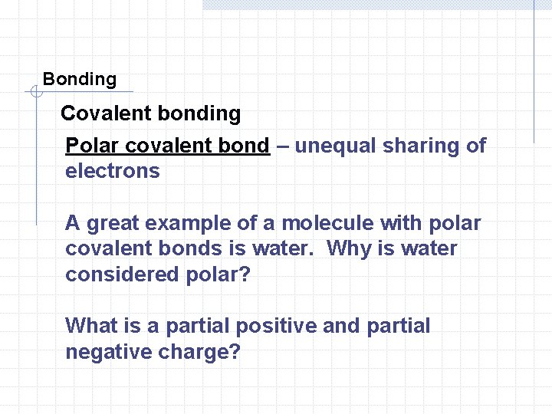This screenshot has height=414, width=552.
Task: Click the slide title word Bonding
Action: pyautogui.click(x=80, y=79)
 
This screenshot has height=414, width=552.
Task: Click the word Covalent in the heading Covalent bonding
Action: pyautogui.click(x=105, y=114)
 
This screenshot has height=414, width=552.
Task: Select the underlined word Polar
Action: pyautogui.click(x=92, y=146)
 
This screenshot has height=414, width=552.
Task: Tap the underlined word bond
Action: pyautogui.click(x=245, y=146)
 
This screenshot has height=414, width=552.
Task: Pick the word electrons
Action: pyautogui.click(x=113, y=171)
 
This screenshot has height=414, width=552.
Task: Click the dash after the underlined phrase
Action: pyautogui.click(x=282, y=146)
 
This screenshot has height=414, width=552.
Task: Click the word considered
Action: pyautogui.click(x=122, y=274)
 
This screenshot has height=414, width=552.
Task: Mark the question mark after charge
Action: pyautogui.click(x=235, y=352)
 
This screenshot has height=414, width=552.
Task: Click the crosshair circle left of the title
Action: pyautogui.click(x=35, y=93)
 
